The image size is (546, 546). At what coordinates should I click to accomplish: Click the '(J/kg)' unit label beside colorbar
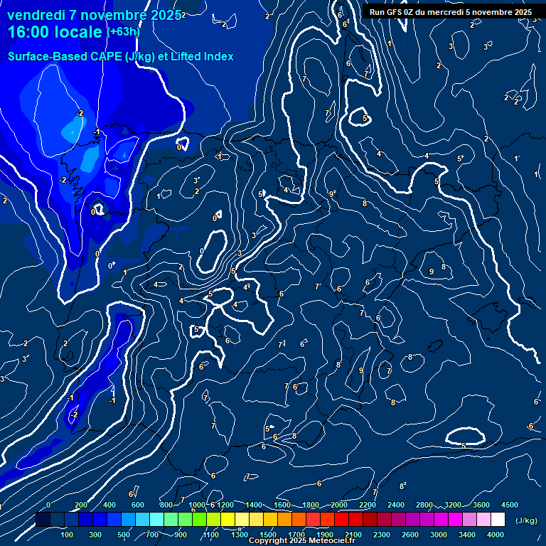526,520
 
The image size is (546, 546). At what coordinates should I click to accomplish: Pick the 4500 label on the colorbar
510,505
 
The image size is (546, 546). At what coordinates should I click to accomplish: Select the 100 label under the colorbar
68,535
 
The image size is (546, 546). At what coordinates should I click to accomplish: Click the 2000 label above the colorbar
339,505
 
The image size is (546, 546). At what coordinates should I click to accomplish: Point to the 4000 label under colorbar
496,535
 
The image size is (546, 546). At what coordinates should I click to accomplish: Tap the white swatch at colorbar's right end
498,520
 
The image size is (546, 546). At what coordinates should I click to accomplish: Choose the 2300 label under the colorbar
382,535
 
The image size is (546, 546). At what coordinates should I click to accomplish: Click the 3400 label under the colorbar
467,535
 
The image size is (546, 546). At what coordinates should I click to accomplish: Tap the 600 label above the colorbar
137,505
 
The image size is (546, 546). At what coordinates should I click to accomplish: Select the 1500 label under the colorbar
268,535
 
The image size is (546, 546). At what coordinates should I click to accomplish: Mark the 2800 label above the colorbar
424,505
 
